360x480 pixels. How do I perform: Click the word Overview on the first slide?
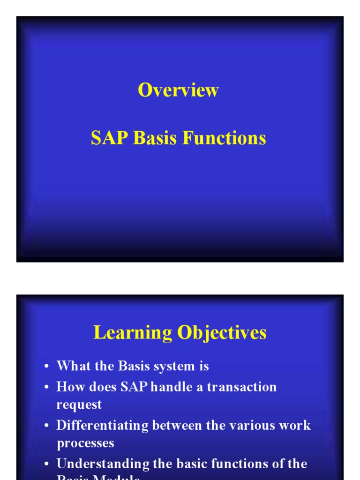click(x=178, y=90)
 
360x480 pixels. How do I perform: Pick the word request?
click(x=79, y=405)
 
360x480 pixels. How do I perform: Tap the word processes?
click(x=85, y=443)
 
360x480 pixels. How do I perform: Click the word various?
click(x=255, y=426)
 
